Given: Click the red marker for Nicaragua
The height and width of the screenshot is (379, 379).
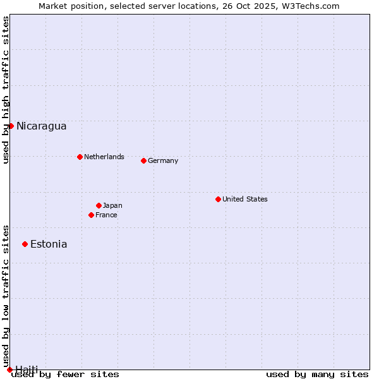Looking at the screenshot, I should click(x=11, y=126).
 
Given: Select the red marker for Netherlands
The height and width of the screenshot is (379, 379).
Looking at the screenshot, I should click(x=80, y=157).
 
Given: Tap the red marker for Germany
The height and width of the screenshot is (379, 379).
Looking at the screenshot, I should click(x=143, y=160).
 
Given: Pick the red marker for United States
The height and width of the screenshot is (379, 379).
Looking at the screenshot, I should click(x=218, y=199).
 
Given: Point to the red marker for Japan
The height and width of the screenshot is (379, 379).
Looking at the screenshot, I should click(x=99, y=205).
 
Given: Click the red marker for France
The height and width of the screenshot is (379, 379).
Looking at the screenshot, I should click(x=91, y=215).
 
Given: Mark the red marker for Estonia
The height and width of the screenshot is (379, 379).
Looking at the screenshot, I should click(x=25, y=244).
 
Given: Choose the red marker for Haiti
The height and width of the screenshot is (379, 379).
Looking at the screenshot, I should click(x=9, y=370).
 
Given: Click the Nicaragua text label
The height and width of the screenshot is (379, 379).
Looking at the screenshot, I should click(x=41, y=126).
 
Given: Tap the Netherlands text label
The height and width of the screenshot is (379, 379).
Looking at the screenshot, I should click(x=104, y=157).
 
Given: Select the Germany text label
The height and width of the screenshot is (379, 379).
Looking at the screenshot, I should click(x=163, y=160).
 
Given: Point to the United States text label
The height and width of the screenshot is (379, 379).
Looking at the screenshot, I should click(x=244, y=199).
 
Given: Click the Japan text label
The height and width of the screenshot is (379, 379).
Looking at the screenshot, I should click(x=112, y=205).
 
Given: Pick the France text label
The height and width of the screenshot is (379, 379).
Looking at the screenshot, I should click(x=106, y=215).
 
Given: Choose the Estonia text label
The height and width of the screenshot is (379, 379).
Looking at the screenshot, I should click(x=49, y=244).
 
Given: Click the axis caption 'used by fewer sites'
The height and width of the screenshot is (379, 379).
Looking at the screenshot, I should click(x=65, y=374).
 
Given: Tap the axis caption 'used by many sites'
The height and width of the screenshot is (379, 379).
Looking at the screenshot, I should click(x=317, y=374).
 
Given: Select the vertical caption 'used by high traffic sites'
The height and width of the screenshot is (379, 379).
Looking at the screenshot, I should click(x=6, y=90).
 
